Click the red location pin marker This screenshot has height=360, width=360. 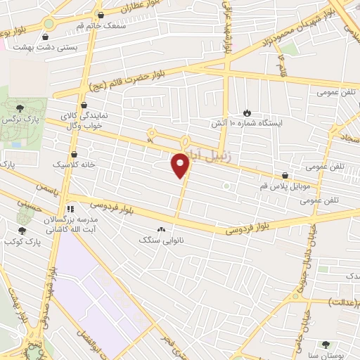pos(181,165)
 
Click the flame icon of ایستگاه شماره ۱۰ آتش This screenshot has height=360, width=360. pos(246,112)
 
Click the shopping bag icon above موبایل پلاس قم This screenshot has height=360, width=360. pos(285,175)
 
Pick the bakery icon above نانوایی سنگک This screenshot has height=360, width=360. pos(162,229)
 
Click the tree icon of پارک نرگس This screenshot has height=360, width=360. pos(20,107)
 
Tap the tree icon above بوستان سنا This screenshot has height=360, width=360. pos(324,345)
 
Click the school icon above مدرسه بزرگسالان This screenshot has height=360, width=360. pos(69,210)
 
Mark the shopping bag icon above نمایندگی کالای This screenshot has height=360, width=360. pos(84,105)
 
